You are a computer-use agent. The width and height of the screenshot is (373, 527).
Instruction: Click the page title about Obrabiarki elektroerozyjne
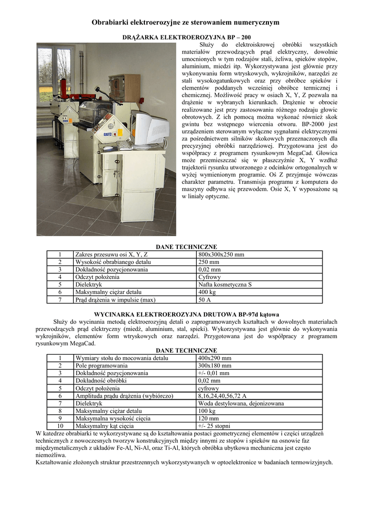coord(185,22)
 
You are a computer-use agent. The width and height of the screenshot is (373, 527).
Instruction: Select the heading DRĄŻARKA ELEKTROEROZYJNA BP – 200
coord(186,37)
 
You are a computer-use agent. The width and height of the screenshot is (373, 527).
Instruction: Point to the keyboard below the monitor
coord(124,146)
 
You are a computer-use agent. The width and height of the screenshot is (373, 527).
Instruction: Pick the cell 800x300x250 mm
coord(221,254)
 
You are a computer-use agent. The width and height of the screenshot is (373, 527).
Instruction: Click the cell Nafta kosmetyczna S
coord(225,284)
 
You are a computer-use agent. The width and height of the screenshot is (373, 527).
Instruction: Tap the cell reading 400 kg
coord(207,292)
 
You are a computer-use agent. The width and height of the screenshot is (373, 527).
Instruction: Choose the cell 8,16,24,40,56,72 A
coord(222,396)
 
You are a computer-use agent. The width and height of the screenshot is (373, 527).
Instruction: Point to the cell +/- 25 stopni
coord(214,426)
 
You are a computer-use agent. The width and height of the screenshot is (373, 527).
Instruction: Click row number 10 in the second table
coord(60,426)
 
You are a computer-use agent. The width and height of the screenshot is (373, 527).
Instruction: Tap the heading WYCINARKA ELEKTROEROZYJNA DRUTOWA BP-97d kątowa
coord(186,314)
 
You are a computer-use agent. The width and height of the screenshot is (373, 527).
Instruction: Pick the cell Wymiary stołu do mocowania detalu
coord(122,358)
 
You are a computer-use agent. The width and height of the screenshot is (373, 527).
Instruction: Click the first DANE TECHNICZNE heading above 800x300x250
coord(186,247)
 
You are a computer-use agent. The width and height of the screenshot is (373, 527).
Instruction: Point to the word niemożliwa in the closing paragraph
coord(50,455)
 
